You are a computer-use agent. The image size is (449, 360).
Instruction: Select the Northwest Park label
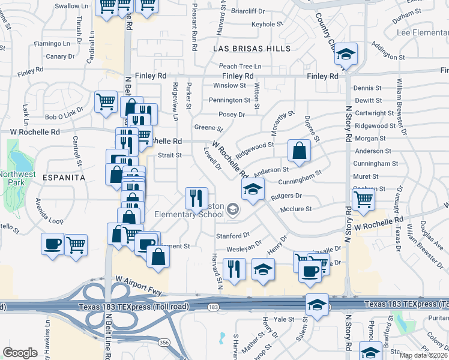(14, 178)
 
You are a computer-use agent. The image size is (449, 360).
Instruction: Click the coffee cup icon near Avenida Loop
(53, 244)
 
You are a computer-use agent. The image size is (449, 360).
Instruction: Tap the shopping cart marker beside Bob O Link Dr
(106, 101)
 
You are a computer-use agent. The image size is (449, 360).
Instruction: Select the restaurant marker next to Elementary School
(196, 196)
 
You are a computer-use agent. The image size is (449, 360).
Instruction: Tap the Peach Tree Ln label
(240, 66)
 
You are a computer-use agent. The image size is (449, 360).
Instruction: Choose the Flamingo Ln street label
(52, 44)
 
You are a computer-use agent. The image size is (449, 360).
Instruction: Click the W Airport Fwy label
(139, 280)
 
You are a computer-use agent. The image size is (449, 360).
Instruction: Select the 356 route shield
(164, 342)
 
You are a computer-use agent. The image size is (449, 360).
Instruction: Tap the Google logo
(20, 353)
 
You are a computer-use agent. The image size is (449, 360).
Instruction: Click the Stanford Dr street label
(232, 236)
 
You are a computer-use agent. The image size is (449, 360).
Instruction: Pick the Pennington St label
(230, 100)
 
